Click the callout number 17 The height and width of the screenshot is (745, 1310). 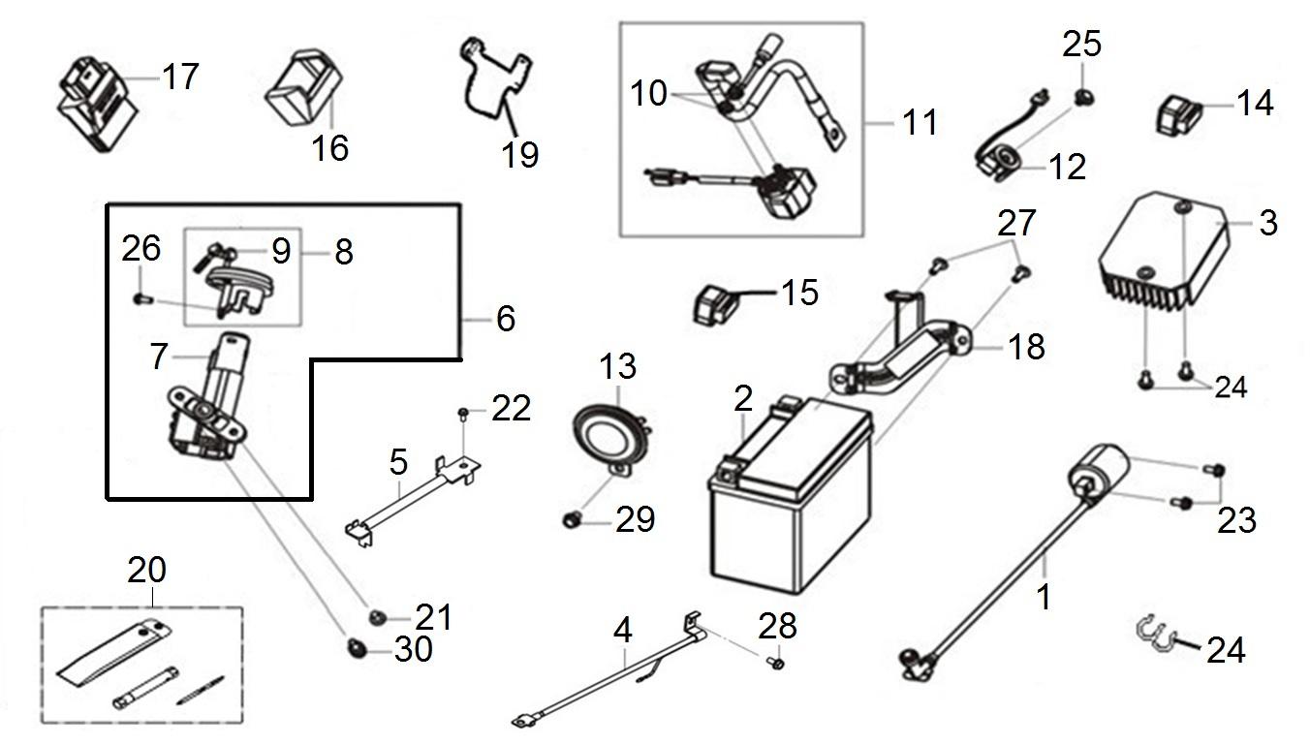click(x=180, y=76)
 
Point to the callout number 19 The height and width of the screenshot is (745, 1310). click(x=520, y=153)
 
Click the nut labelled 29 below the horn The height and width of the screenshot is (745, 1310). click(x=571, y=521)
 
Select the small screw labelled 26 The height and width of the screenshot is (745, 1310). click(x=140, y=297)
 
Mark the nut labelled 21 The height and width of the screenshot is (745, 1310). click(x=376, y=617)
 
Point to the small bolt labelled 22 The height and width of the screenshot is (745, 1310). click(x=464, y=415)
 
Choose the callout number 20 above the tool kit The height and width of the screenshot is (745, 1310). click(x=146, y=570)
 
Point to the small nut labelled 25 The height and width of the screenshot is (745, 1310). click(x=1082, y=97)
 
